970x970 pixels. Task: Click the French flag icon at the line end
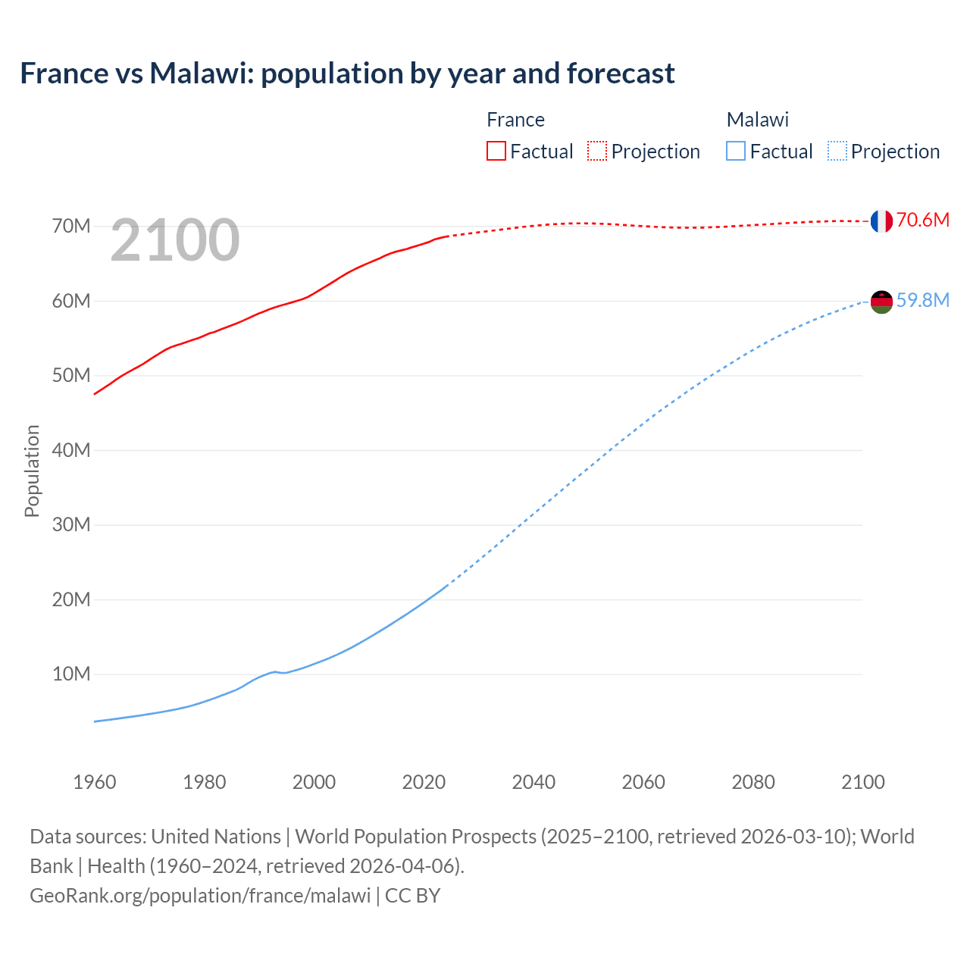click(881, 221)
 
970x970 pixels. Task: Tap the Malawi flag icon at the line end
click(881, 302)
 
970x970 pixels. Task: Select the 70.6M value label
click(922, 221)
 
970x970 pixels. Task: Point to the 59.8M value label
click(922, 301)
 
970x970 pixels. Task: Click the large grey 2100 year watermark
click(175, 241)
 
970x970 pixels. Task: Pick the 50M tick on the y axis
click(71, 376)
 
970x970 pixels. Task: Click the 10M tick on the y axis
click(71, 674)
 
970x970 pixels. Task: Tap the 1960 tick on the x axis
click(95, 782)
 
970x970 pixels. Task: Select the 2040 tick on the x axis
click(533, 782)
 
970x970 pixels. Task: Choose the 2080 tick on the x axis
click(753, 782)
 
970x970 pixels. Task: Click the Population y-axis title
click(32, 471)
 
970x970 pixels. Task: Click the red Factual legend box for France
click(496, 152)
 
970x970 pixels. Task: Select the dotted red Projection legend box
click(597, 152)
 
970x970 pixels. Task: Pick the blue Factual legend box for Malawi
click(736, 152)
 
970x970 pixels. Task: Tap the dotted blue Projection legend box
click(837, 152)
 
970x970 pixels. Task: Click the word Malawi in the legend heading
click(757, 120)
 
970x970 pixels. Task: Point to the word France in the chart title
click(64, 74)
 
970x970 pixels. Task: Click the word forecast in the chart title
click(621, 74)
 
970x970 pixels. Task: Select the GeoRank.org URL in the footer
click(200, 896)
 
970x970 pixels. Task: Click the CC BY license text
click(413, 896)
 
